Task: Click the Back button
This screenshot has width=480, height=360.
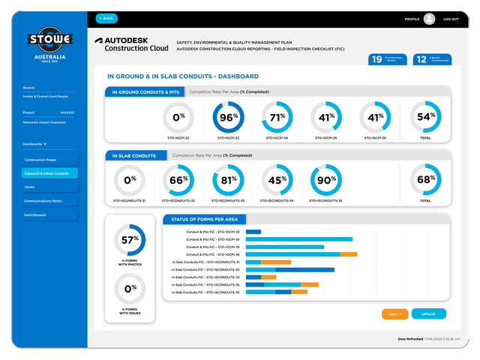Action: pos(106,18)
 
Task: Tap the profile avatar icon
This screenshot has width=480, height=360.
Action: pos(429,19)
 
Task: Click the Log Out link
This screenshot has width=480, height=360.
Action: pos(451,19)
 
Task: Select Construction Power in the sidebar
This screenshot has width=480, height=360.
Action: pos(50,160)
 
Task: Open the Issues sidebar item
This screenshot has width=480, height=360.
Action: pos(50,187)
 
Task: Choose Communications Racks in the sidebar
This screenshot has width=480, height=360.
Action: pos(50,201)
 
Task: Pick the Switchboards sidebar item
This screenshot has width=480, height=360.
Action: pos(50,215)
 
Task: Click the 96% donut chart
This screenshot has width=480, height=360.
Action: pos(228,118)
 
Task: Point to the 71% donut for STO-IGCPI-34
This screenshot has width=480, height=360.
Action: pos(277,118)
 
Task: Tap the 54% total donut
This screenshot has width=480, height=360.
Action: pos(425,118)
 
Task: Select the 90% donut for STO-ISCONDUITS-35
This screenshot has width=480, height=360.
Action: pos(326,180)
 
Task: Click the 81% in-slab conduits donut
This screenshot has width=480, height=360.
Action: pos(228,180)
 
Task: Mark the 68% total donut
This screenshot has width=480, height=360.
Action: pos(425,180)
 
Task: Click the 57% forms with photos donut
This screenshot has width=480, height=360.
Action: pos(130,240)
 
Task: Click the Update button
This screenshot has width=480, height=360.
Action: pos(428,313)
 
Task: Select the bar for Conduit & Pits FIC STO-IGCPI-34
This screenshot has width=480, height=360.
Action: pos(299,239)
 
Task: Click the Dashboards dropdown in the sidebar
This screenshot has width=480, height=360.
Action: pos(34,143)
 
